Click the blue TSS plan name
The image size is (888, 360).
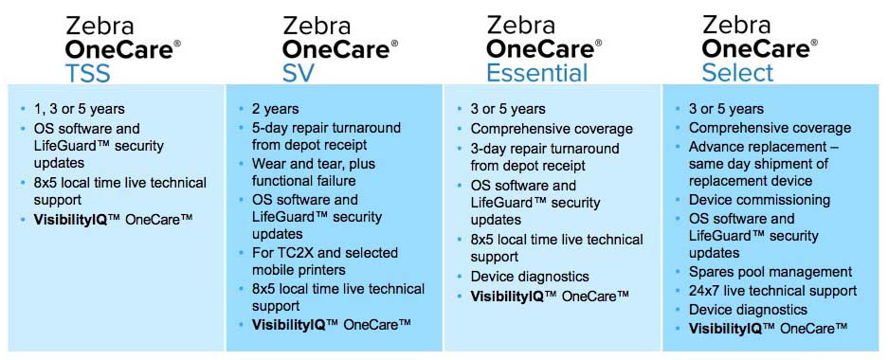[88, 73]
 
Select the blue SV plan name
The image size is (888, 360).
[299, 73]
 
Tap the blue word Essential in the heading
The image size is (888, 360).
[537, 73]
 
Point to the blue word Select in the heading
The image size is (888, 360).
[737, 73]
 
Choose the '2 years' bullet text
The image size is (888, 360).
[275, 109]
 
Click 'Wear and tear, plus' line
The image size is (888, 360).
[313, 164]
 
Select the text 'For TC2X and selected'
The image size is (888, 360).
[325, 252]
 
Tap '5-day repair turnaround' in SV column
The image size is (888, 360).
[326, 127]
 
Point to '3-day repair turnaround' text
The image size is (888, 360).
[545, 149]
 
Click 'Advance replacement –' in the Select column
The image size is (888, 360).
[763, 146]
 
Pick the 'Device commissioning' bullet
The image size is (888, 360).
[759, 200]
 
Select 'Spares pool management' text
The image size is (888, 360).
[770, 272]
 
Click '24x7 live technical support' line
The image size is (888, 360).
[772, 291]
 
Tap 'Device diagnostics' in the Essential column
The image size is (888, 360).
[530, 277]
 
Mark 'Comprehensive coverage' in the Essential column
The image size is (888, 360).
[552, 129]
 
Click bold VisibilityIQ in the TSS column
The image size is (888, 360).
[69, 218]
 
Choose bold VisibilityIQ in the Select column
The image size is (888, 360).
[724, 327]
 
